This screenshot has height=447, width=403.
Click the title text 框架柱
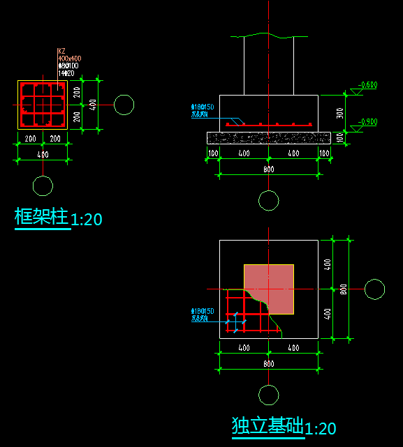(42, 217)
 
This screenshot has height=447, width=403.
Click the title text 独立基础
(268, 425)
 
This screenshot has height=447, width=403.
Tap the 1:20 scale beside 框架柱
(87, 220)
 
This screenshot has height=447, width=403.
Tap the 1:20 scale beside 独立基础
(321, 428)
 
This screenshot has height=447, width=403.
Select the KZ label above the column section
(61, 51)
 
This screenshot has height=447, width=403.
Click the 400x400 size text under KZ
(69, 58)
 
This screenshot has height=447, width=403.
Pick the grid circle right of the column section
(124, 105)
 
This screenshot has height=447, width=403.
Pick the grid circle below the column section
(43, 186)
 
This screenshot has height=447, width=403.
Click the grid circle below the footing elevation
(269, 201)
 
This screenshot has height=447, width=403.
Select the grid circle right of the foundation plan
(375, 289)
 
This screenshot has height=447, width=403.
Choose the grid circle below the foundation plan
(269, 395)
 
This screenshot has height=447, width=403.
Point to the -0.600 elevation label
(367, 85)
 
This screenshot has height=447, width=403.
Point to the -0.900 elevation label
(367, 122)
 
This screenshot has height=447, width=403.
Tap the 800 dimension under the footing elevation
(269, 169)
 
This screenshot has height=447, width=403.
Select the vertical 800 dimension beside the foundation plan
(343, 289)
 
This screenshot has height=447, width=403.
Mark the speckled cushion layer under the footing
(269, 137)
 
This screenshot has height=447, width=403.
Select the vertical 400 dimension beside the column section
(93, 105)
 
